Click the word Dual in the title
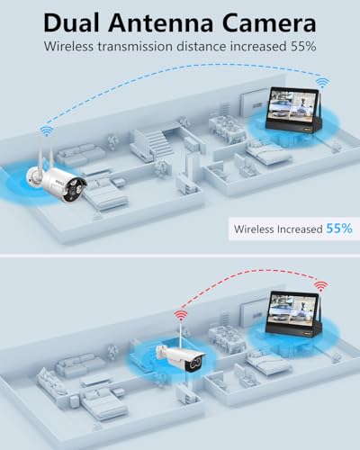72,23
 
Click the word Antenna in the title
160,23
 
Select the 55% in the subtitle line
303,47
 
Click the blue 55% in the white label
339,229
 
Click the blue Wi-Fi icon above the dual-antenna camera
47,130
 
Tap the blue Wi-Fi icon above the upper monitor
322,82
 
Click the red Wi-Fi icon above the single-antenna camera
181,316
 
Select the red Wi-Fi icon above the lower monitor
321,286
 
